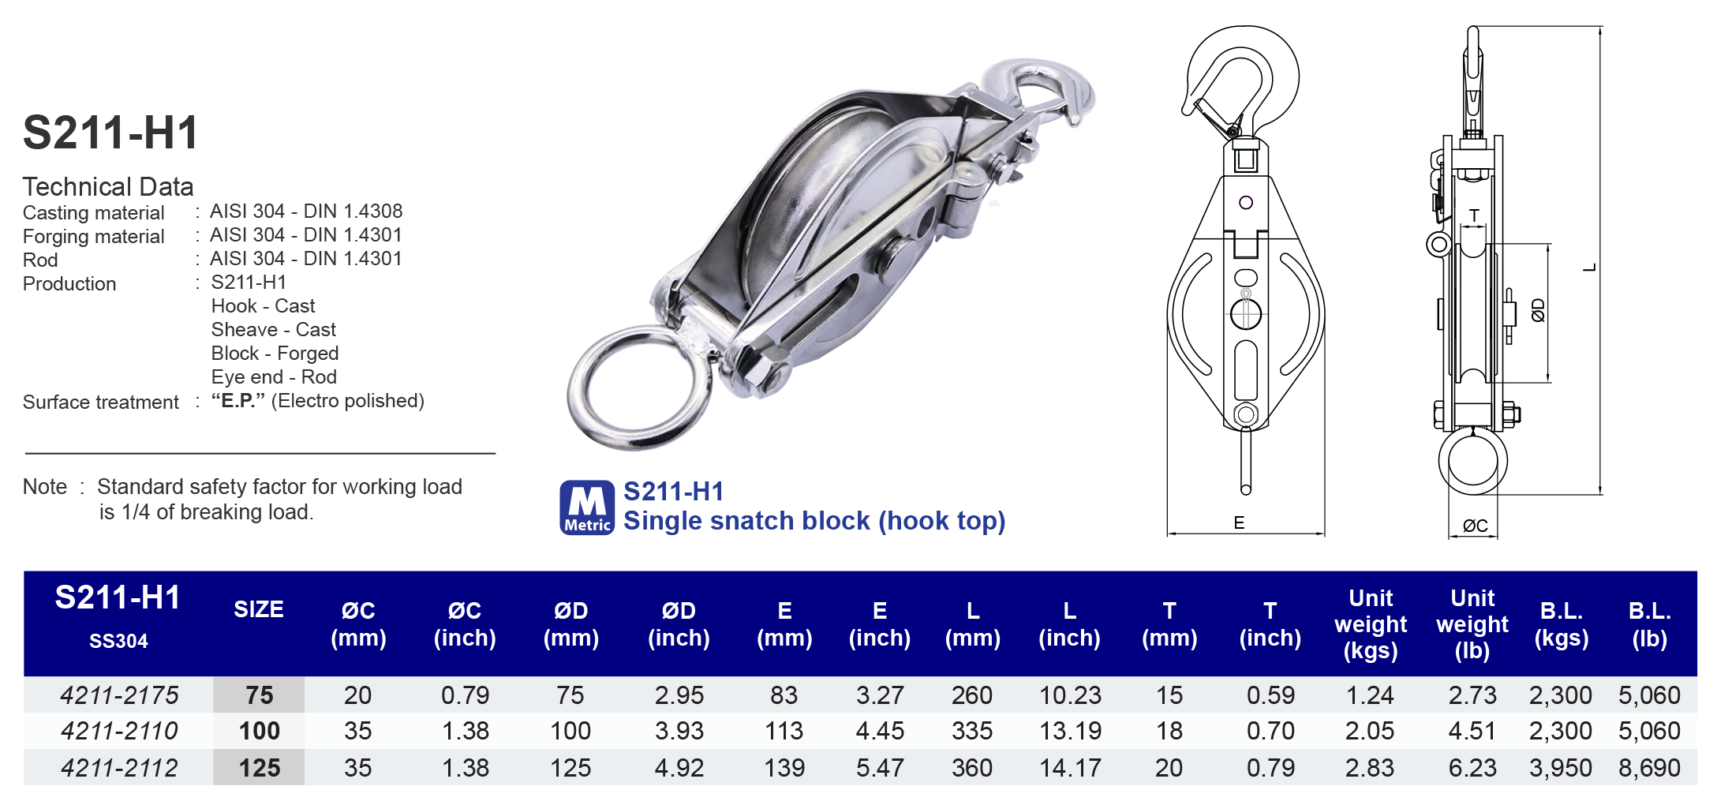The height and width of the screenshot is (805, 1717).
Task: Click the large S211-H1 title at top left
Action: [x=110, y=133]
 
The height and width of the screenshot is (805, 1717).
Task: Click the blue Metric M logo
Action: [x=587, y=507]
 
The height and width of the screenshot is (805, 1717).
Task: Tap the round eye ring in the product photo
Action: [x=638, y=387]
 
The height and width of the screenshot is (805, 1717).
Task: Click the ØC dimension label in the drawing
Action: [x=1475, y=526]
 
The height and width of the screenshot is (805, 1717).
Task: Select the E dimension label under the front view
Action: [x=1239, y=522]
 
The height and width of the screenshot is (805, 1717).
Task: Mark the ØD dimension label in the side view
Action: [x=1538, y=310]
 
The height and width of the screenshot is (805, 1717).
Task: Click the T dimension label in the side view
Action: [x=1474, y=215]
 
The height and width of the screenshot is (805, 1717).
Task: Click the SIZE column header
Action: [x=259, y=609]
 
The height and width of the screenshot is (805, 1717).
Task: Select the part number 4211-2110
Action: [x=119, y=731]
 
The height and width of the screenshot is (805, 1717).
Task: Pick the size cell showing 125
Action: [x=259, y=768]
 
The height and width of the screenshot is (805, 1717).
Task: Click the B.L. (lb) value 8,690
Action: [x=1649, y=768]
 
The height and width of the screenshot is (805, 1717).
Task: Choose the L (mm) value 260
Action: [x=971, y=695]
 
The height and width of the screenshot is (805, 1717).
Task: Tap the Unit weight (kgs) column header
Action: [x=1370, y=624]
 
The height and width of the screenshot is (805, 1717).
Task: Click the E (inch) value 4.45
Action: [x=879, y=731]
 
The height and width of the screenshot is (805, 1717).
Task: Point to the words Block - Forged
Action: [x=275, y=354]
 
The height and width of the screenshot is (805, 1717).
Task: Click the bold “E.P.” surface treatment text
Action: [x=238, y=401]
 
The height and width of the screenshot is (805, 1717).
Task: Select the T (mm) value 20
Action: [x=1169, y=768]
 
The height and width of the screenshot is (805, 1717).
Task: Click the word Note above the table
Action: [x=45, y=487]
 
